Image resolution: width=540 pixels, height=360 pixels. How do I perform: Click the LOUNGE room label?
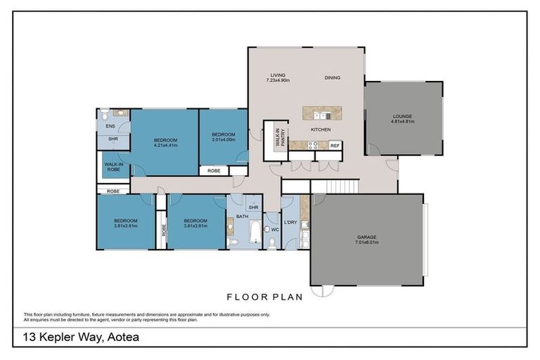tap(402, 116)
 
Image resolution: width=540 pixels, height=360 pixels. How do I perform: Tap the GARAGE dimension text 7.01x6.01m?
tap(367, 243)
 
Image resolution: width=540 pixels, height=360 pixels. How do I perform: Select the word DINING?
tap(333, 77)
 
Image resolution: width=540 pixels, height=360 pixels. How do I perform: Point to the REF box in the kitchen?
tap(335, 146)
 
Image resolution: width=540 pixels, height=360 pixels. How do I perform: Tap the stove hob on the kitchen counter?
tap(311, 146)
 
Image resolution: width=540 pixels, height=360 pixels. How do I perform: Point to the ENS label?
tap(110, 127)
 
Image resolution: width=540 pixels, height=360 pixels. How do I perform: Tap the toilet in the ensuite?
tap(104, 115)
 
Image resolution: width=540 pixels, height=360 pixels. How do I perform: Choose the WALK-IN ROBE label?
tap(114, 167)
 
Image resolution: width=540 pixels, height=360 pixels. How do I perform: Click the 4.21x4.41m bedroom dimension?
tap(166, 146)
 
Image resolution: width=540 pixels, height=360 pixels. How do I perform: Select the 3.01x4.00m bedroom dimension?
tap(223, 139)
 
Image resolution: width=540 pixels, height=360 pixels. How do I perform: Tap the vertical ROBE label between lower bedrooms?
tap(162, 229)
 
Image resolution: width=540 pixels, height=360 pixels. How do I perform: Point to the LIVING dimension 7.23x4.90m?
tap(278, 81)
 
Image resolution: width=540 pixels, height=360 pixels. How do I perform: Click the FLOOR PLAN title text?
tap(264, 297)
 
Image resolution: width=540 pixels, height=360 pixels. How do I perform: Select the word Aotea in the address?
tap(121, 337)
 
